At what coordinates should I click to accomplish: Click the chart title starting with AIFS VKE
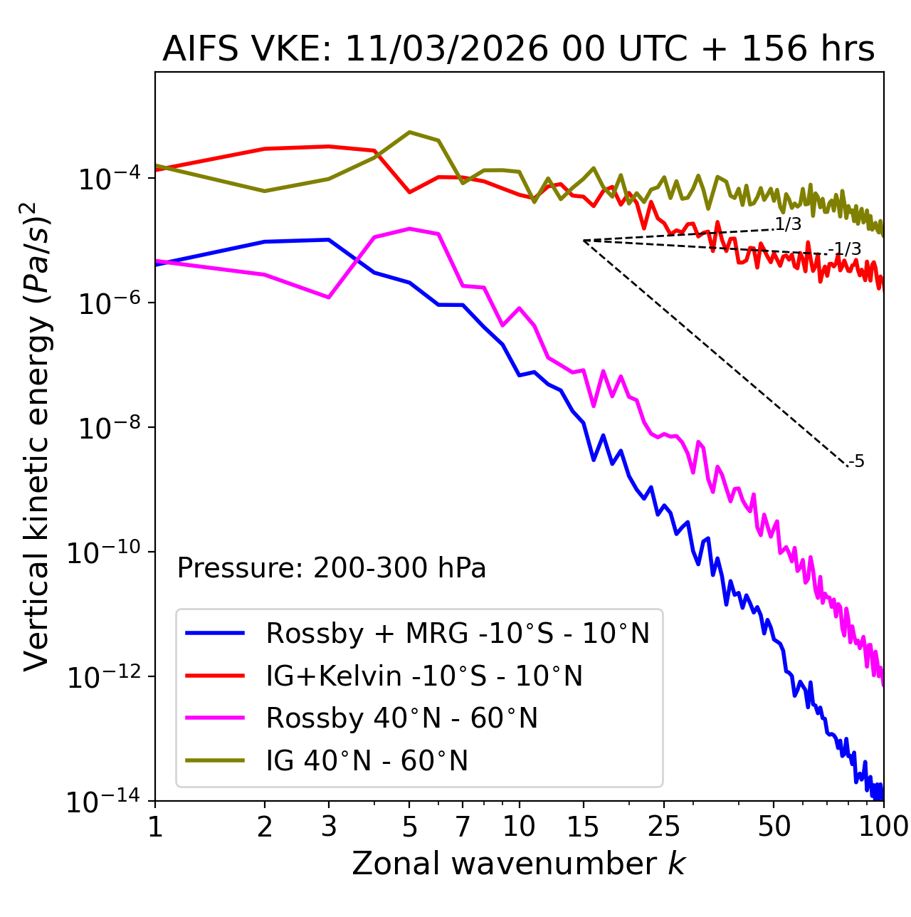coord(518,50)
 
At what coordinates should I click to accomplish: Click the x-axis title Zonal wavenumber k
coord(518,864)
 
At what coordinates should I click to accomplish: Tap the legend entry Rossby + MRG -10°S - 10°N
coord(457,633)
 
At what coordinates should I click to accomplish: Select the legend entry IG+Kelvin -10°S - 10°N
coord(424,676)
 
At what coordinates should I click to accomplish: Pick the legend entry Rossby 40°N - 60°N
coord(401,718)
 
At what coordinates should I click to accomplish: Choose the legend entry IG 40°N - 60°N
coord(367,761)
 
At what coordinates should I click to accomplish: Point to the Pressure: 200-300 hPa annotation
coord(332,568)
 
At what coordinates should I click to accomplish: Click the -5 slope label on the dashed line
coord(857,462)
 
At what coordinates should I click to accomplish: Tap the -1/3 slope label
coord(846,249)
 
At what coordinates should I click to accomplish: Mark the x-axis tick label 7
coord(463,827)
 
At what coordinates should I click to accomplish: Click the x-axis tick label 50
coord(774,827)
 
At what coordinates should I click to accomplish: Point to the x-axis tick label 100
coord(883,827)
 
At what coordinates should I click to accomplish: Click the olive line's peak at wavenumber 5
coord(409,132)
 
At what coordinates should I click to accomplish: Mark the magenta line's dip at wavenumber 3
coord(328,297)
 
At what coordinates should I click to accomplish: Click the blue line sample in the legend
coord(215,633)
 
